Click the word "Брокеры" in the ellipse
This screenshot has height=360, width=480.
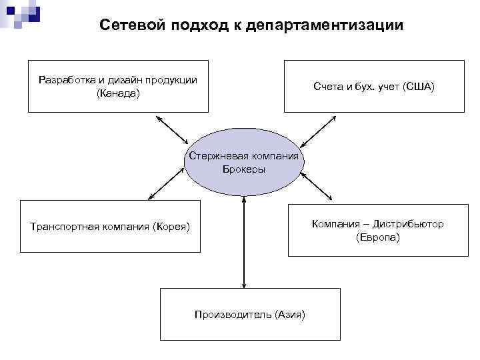(244, 169)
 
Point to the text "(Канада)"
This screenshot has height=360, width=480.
(118, 93)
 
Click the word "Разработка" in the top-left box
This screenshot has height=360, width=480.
(63, 80)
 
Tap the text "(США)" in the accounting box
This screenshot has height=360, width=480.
(419, 87)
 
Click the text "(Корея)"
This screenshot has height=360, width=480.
(171, 227)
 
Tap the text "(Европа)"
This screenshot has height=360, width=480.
(378, 237)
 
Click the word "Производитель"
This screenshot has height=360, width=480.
(231, 314)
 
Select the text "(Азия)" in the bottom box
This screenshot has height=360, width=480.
(289, 314)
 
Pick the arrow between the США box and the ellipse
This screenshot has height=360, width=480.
(319, 131)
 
